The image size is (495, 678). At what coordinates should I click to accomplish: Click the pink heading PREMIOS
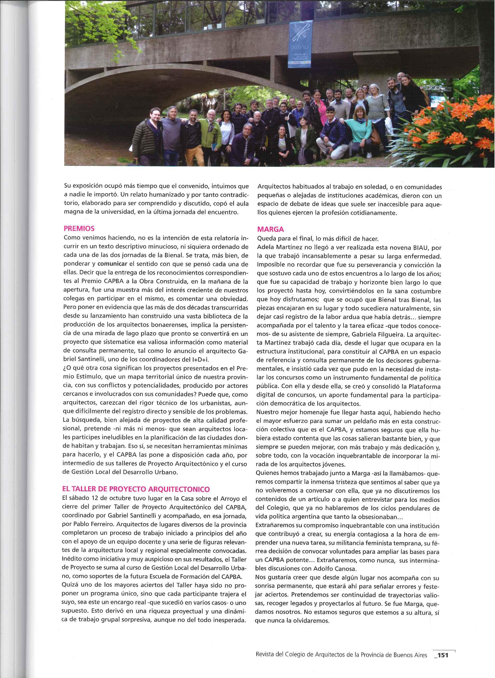(x=79, y=228)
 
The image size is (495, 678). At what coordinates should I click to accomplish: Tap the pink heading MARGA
(x=271, y=230)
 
